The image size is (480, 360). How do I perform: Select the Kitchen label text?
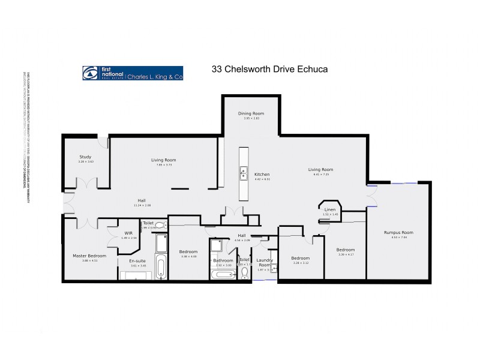pos(262,174)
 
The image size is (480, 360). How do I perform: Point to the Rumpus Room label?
pos(398,233)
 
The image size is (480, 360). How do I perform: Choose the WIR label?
pos(128,233)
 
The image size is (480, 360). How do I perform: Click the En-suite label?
pos(138,260)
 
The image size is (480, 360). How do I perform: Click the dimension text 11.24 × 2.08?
pos(142,205)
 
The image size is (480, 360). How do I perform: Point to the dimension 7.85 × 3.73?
pos(163,164)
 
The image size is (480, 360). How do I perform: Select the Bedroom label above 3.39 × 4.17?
pos(346,250)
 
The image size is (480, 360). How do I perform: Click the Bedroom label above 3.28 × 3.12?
pos(300,258)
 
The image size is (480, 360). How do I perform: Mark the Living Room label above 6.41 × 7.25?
pos(321,170)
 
